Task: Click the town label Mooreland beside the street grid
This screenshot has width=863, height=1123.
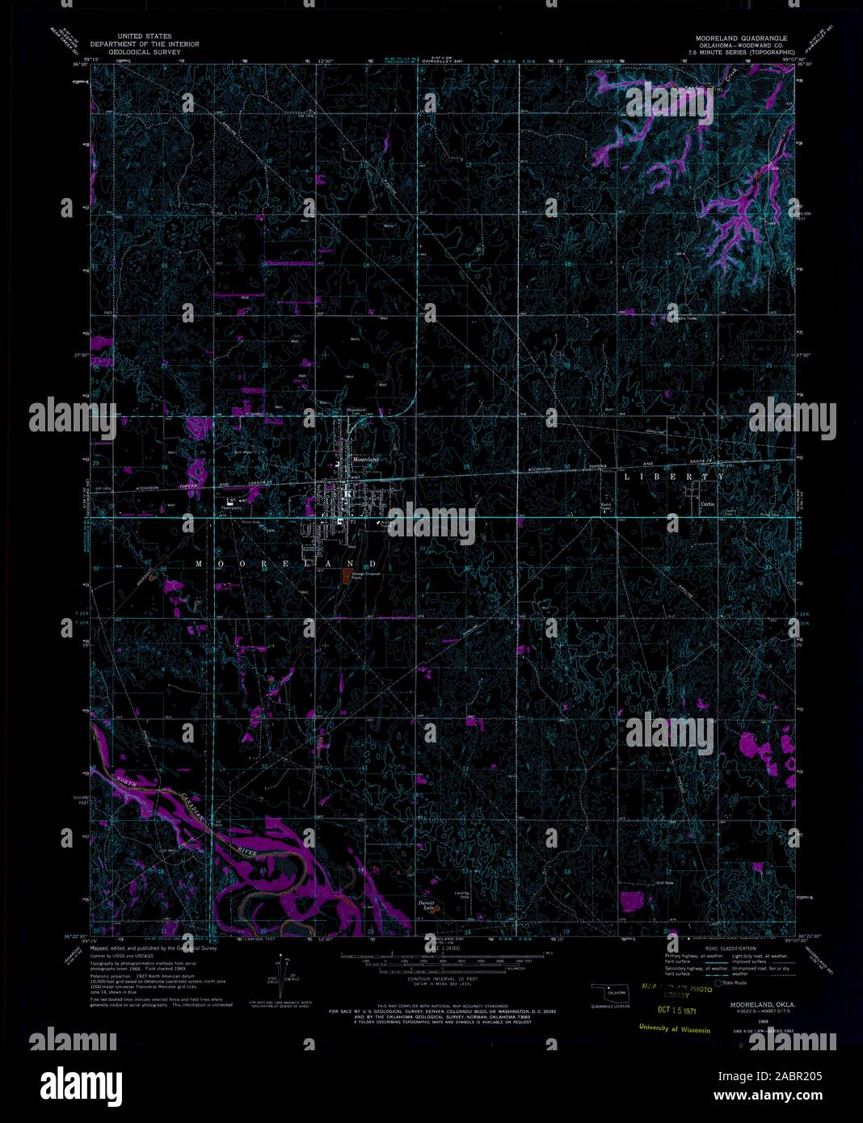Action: pos(365,459)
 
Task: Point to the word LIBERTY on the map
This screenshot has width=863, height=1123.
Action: pos(674,477)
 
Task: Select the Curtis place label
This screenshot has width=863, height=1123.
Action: pos(708,503)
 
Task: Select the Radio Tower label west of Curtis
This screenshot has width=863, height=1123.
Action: pos(606,507)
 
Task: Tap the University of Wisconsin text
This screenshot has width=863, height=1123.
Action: pos(673,1029)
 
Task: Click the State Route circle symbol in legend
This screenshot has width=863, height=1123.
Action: pos(718,982)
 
